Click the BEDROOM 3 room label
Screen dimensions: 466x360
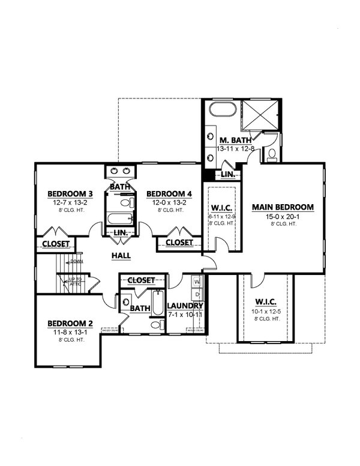point(70,194)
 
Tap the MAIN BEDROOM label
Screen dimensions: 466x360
point(283,207)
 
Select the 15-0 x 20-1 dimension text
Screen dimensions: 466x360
point(283,216)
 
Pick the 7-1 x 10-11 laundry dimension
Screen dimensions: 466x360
point(184,314)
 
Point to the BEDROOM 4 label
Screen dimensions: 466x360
point(169,194)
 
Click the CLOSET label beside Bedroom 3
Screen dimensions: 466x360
point(56,244)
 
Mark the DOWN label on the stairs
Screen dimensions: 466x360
point(76,261)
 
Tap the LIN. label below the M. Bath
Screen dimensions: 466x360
point(228,175)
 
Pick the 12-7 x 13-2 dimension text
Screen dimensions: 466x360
point(70,203)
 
